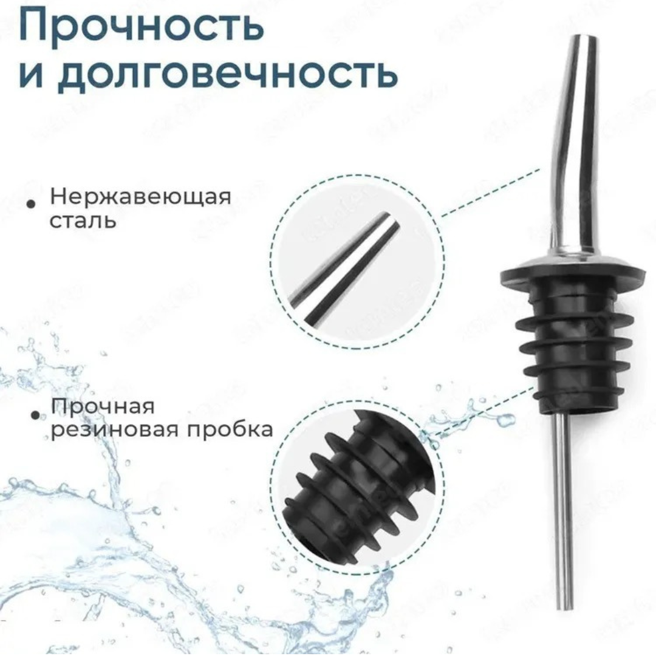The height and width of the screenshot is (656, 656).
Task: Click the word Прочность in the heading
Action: (142, 26)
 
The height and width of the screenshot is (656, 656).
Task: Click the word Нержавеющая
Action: (140, 197)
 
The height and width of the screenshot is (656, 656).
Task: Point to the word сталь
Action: (83, 220)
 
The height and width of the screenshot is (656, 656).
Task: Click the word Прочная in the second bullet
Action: (103, 406)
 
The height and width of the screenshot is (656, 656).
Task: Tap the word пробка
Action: (230, 429)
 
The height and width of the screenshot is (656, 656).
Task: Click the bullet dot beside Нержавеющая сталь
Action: (30, 204)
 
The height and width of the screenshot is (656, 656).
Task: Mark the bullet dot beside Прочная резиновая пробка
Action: (35, 415)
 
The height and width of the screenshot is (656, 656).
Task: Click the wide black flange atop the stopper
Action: (552, 276)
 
